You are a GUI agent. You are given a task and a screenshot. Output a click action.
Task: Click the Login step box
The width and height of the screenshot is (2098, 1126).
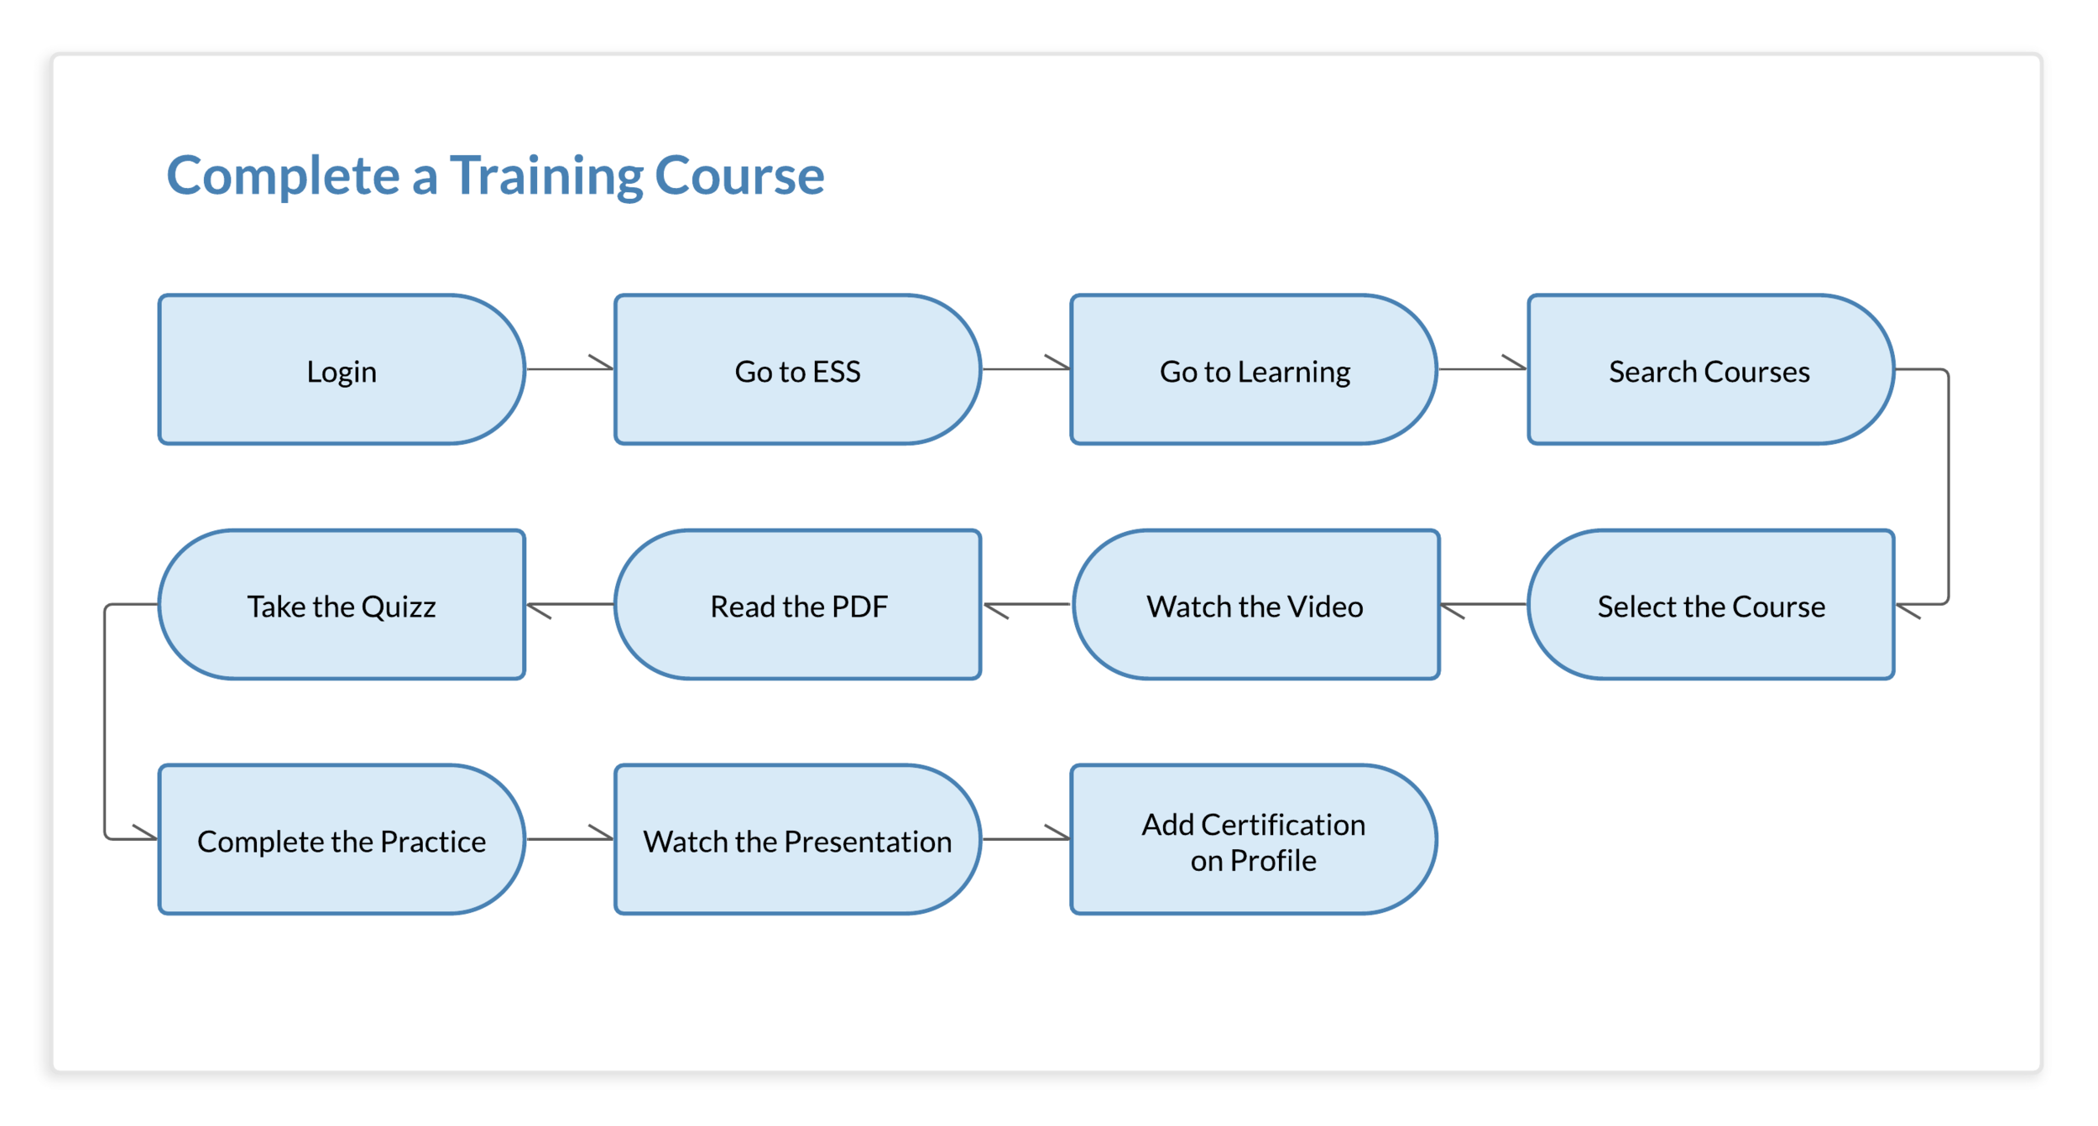pos(341,369)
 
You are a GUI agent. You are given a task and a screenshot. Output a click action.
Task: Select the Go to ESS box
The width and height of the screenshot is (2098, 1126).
pos(797,369)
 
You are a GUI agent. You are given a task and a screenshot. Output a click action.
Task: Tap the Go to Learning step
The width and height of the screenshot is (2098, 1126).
pos(1254,369)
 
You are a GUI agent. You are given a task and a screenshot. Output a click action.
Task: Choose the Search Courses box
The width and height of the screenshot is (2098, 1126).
pos(1710,369)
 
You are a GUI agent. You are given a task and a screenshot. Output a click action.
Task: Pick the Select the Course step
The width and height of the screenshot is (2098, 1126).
pos(1710,604)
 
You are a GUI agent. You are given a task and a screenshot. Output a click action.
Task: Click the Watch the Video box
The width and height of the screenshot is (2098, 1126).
pos(1255,604)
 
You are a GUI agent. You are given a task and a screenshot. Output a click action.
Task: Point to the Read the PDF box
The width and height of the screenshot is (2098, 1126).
pos(797,604)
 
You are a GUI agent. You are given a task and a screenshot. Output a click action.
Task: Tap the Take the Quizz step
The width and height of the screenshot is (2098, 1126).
pos(341,604)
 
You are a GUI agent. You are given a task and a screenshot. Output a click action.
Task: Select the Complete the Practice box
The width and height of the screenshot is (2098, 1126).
pos(341,839)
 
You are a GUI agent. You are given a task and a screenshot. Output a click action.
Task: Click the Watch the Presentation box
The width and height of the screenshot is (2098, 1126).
pos(797,839)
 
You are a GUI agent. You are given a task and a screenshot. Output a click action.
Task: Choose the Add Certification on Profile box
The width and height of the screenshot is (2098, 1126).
pos(1254,839)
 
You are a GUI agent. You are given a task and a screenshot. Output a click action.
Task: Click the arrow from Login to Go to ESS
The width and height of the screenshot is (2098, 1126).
pos(569,368)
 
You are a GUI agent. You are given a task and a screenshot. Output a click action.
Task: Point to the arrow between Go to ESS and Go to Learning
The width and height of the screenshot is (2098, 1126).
pos(1026,368)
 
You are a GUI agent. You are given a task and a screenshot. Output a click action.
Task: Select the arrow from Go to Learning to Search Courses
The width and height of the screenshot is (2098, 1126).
pos(1482,368)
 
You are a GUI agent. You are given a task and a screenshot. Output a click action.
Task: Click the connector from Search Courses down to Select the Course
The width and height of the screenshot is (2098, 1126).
pos(1948,487)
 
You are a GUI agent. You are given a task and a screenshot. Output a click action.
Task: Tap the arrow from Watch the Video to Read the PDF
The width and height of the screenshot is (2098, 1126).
pos(1027,604)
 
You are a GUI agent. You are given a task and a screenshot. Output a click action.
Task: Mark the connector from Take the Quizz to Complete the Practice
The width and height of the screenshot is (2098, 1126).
pos(105,722)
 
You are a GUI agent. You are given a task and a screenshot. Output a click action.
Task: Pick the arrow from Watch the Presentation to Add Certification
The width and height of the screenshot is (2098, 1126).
pos(1026,838)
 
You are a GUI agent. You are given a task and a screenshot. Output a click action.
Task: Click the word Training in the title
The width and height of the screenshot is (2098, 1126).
pos(545,176)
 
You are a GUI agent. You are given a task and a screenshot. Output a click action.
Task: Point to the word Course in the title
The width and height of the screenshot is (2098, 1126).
pos(738,176)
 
